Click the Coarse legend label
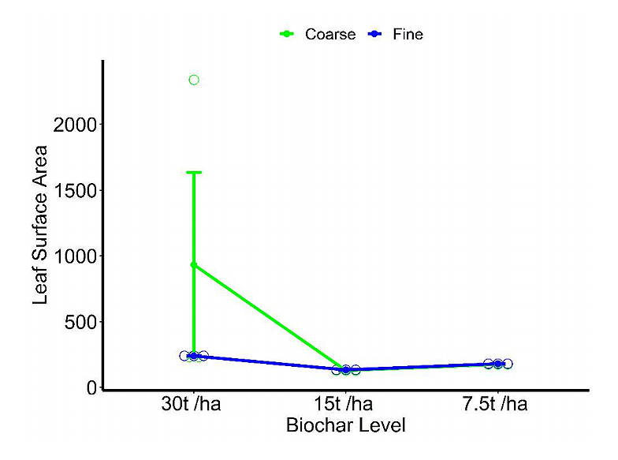330,34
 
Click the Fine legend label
408,34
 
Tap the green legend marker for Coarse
288,34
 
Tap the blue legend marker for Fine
376,34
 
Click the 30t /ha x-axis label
193,406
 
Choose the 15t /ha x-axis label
346,406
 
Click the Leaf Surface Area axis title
41,225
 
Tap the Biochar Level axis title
345,426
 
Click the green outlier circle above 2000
194,80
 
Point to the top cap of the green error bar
194,172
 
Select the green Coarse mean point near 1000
194,265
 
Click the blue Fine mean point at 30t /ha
194,357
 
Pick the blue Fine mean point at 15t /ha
346,369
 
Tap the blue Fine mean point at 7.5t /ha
498,364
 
